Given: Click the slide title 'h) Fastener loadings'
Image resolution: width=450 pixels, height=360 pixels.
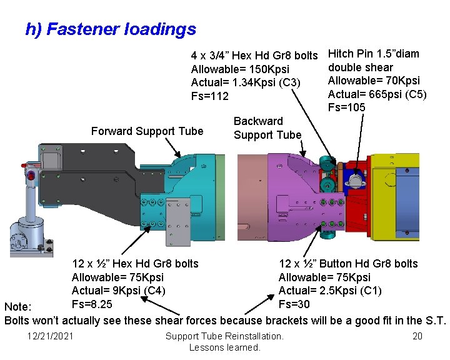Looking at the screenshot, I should coord(111,29).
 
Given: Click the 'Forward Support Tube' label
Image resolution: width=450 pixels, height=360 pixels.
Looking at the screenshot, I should coord(147,131).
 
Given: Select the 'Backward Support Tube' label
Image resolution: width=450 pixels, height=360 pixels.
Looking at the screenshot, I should coord(267,128).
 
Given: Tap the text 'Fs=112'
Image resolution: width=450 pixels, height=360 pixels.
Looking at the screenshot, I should coord(210,96).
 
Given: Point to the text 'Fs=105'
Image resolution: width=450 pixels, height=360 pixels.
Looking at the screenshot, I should coord(347,107).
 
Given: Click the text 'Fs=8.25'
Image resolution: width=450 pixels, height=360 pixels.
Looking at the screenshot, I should coord(92,304).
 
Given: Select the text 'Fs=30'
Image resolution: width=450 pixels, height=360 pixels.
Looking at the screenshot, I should coord(294,304).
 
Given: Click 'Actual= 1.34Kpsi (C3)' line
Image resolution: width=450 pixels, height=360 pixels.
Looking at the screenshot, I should coord(246,82).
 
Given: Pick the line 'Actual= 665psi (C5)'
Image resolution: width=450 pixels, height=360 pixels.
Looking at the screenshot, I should coord(377,94).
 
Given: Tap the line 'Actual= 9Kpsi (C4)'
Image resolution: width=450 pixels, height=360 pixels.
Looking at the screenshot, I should coord(119,291).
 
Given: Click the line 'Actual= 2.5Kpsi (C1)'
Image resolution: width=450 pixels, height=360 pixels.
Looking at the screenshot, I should coord(330,291).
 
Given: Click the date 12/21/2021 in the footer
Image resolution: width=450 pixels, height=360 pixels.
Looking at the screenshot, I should coord(50,337).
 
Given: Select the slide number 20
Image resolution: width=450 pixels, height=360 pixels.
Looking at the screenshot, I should coord(417,337).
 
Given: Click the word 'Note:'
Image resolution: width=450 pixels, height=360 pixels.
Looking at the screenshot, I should coord(17,307).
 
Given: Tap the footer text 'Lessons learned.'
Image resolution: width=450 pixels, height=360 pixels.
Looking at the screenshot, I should coord(224,347).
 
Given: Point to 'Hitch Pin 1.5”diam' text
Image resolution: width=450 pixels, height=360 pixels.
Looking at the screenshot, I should coord(374,54).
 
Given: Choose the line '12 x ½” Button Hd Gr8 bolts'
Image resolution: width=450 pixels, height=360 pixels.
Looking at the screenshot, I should coord(348,264).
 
